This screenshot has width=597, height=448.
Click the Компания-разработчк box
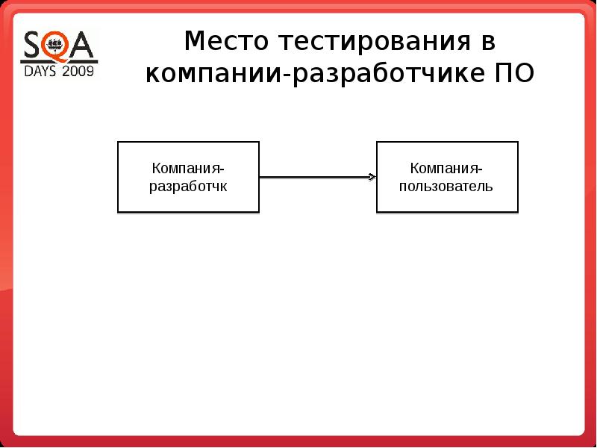click(x=188, y=177)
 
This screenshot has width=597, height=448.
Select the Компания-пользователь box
click(x=446, y=177)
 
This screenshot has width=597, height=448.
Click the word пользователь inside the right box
click(x=446, y=186)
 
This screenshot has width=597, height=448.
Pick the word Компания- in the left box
click(x=188, y=169)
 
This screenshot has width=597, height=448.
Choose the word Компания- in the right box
click(x=446, y=169)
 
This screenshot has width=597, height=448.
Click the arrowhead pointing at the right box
click(x=372, y=177)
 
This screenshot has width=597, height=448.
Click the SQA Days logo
click(x=59, y=53)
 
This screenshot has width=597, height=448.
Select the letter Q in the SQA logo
click(x=57, y=46)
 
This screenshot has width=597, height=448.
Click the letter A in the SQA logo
click(x=84, y=46)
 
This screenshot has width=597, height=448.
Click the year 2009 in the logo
click(x=78, y=72)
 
